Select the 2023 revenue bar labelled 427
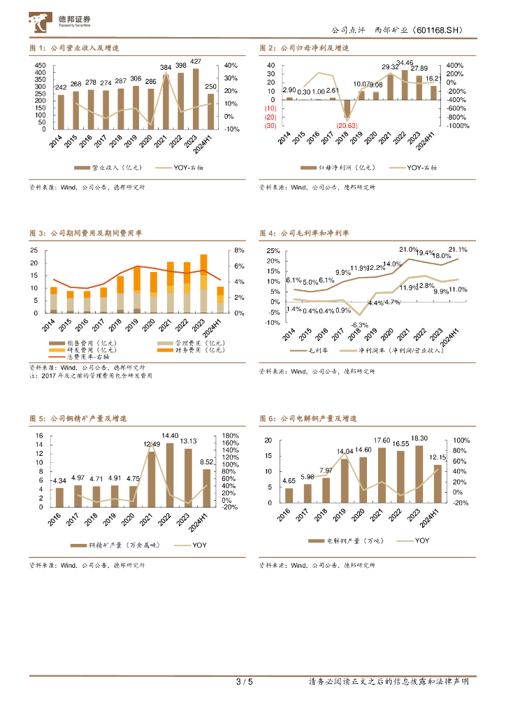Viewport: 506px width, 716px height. pos(196,99)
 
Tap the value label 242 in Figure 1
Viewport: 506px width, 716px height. pos(62,87)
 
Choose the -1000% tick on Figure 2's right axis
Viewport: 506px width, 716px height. pos(459,126)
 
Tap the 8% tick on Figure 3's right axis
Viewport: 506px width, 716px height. pos(238,250)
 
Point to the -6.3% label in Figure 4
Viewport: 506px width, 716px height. pos(359,325)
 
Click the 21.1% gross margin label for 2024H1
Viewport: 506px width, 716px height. pos(458,250)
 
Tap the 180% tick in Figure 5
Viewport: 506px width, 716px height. pos(231,435)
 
